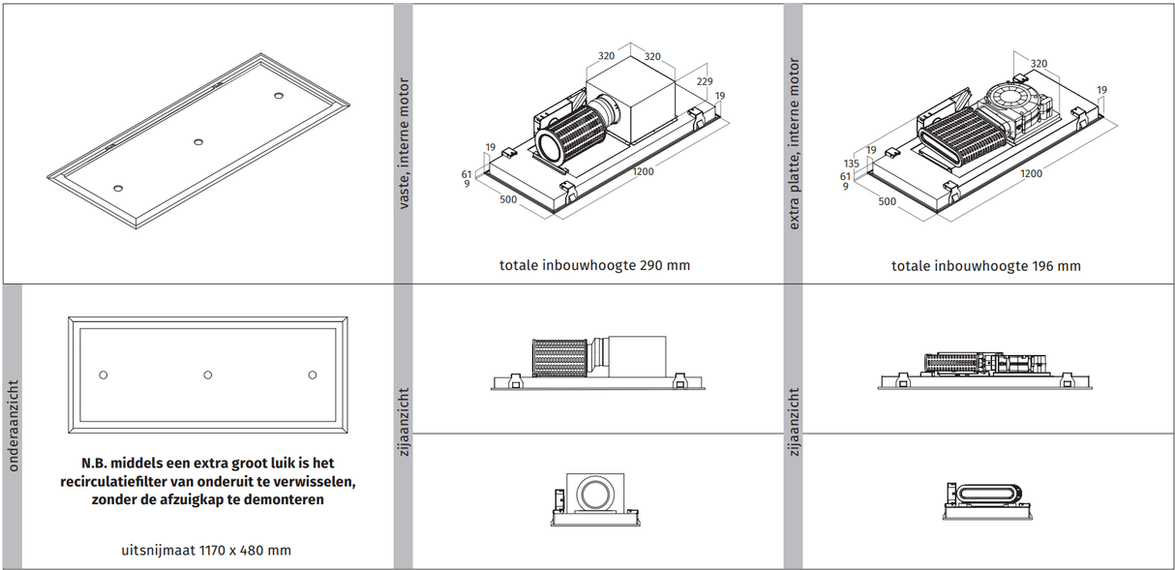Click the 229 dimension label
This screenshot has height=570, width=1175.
click(704, 82)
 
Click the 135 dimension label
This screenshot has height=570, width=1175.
click(852, 164)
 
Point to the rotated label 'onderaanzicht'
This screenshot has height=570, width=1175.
click(14, 426)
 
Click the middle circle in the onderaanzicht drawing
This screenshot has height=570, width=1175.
click(207, 375)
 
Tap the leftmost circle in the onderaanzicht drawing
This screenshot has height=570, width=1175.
click(104, 375)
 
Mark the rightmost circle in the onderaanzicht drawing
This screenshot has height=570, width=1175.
click(312, 375)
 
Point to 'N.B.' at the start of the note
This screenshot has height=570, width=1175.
click(99, 464)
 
